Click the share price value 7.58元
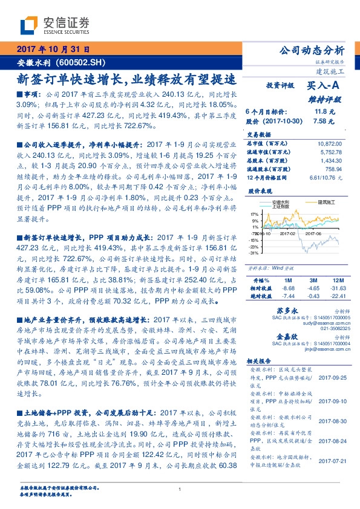point(324,120)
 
